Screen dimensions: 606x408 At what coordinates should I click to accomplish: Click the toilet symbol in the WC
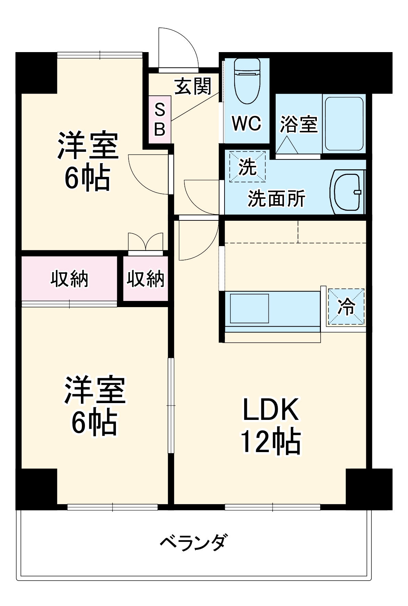point(247,81)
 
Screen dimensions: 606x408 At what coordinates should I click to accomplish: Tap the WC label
point(247,123)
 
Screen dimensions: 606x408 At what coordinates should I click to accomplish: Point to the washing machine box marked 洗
point(248,167)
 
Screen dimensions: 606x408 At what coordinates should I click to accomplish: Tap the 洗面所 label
point(276,198)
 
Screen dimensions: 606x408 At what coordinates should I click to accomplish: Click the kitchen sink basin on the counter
point(249,308)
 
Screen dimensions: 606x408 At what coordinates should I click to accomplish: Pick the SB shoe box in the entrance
point(160,120)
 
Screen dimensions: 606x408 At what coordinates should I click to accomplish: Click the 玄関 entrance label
point(193,86)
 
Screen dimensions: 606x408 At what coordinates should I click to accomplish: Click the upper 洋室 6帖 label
point(88,161)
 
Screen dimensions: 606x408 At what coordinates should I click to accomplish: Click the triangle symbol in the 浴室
point(287,145)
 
